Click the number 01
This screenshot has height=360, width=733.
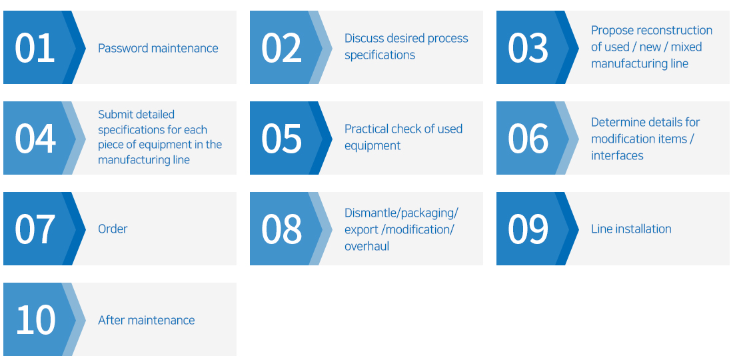(x=35, y=48)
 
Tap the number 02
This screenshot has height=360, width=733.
(x=281, y=48)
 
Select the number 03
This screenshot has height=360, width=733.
(x=528, y=48)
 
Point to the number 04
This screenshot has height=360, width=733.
(x=35, y=139)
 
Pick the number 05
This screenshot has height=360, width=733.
(x=281, y=139)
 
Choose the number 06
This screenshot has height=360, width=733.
(x=528, y=139)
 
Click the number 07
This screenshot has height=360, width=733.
(x=35, y=229)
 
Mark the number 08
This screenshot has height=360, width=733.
(x=281, y=229)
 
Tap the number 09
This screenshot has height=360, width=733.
(x=528, y=229)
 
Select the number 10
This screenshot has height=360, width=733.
(x=35, y=320)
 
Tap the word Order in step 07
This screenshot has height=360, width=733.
(x=113, y=229)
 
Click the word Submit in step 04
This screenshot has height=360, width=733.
(x=113, y=115)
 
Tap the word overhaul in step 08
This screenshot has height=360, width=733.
(x=367, y=246)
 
